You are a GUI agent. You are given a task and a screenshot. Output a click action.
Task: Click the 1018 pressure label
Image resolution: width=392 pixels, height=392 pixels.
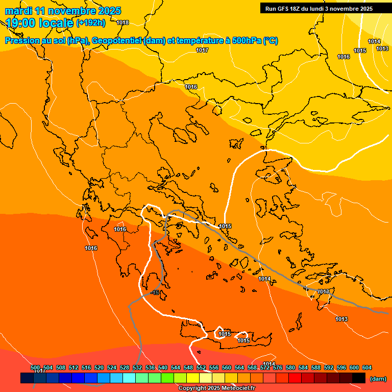point(122,22)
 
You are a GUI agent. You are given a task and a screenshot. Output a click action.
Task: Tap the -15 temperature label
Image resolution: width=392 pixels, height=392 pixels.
point(155,292)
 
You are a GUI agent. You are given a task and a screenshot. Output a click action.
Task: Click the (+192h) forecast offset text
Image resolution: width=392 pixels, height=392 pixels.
point(91,22)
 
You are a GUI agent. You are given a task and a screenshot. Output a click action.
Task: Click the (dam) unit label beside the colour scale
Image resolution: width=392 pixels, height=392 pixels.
point(378,378)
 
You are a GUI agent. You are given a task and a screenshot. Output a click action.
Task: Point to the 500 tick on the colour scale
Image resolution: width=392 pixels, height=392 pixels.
point(35,368)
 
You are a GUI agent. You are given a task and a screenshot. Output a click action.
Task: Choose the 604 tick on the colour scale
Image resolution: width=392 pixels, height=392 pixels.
point(366,368)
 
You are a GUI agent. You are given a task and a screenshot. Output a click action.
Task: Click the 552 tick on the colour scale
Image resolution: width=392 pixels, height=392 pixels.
point(201,368)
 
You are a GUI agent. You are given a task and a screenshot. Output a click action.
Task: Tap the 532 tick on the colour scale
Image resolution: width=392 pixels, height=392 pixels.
point(137,368)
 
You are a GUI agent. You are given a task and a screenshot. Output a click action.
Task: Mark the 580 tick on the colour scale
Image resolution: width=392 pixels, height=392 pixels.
point(290,368)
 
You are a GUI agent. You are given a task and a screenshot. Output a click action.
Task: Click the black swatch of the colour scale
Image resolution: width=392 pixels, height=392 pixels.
point(359,378)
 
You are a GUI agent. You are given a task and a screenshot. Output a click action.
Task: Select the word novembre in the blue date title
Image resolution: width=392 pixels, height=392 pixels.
point(71,11)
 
